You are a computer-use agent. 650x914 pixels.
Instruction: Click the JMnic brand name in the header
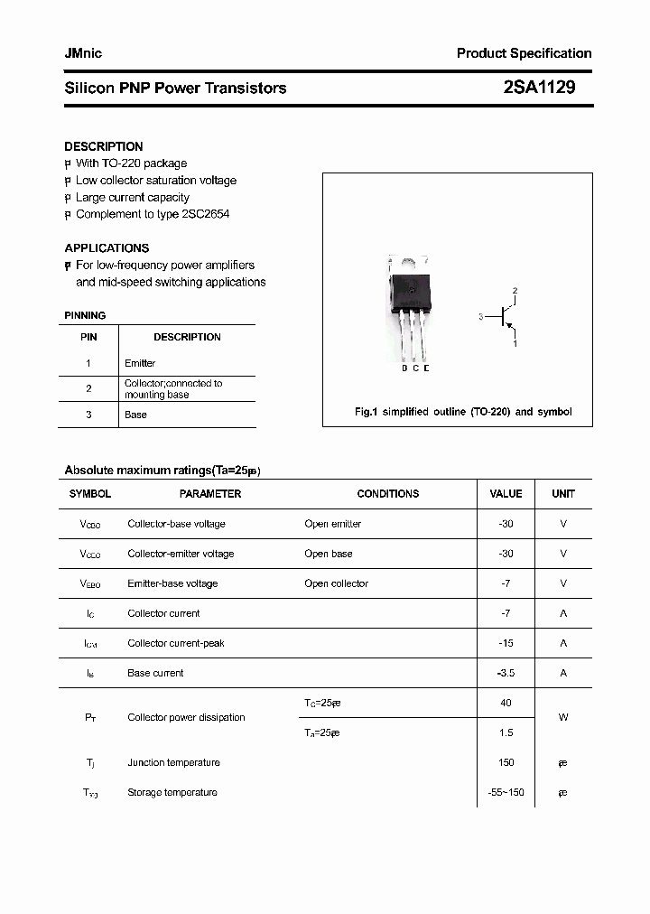click(83, 53)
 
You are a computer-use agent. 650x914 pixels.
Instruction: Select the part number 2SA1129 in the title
click(539, 88)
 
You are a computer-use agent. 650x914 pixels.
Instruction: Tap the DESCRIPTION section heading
click(103, 146)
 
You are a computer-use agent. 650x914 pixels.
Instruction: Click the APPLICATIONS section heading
click(107, 247)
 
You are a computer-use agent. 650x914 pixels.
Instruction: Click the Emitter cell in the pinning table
click(140, 363)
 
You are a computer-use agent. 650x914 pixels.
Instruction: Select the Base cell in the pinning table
click(135, 415)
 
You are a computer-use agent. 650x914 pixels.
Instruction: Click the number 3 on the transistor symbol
click(481, 317)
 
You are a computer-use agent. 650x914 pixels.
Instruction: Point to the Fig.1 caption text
click(462, 412)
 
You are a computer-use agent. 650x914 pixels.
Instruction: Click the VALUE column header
click(506, 494)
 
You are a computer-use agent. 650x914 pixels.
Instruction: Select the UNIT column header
click(563, 494)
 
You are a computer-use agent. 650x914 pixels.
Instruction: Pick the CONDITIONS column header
click(388, 494)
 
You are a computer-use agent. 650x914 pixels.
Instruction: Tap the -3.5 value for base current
click(506, 673)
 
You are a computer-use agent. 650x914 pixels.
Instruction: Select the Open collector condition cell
click(336, 583)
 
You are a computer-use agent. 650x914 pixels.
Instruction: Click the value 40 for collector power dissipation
click(506, 702)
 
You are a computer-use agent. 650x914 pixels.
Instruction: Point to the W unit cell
click(563, 717)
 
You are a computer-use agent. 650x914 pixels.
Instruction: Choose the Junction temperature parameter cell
click(173, 762)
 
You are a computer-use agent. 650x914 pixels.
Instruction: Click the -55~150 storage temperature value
click(506, 792)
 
